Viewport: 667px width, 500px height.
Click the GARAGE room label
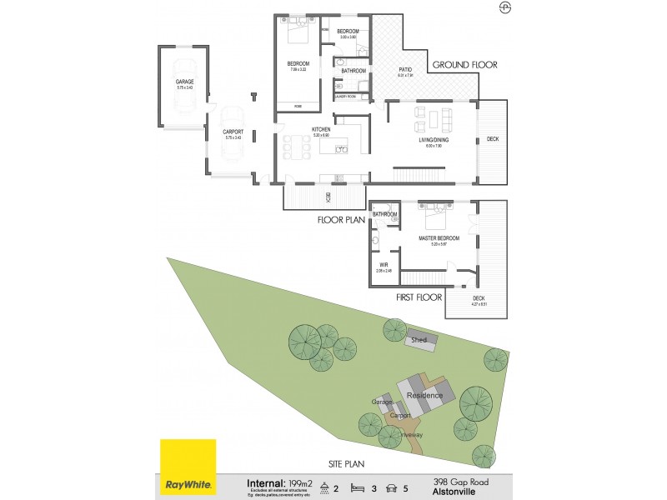click(x=184, y=82)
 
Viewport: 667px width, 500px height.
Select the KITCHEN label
click(x=321, y=130)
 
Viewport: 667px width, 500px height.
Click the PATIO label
click(x=406, y=71)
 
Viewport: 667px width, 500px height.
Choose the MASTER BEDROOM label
click(x=439, y=239)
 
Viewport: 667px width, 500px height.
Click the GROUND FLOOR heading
click(x=464, y=64)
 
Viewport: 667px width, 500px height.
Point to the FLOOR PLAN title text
click(x=341, y=221)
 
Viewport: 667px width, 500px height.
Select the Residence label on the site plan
click(x=424, y=395)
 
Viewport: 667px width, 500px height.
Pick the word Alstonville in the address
click(x=455, y=491)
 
